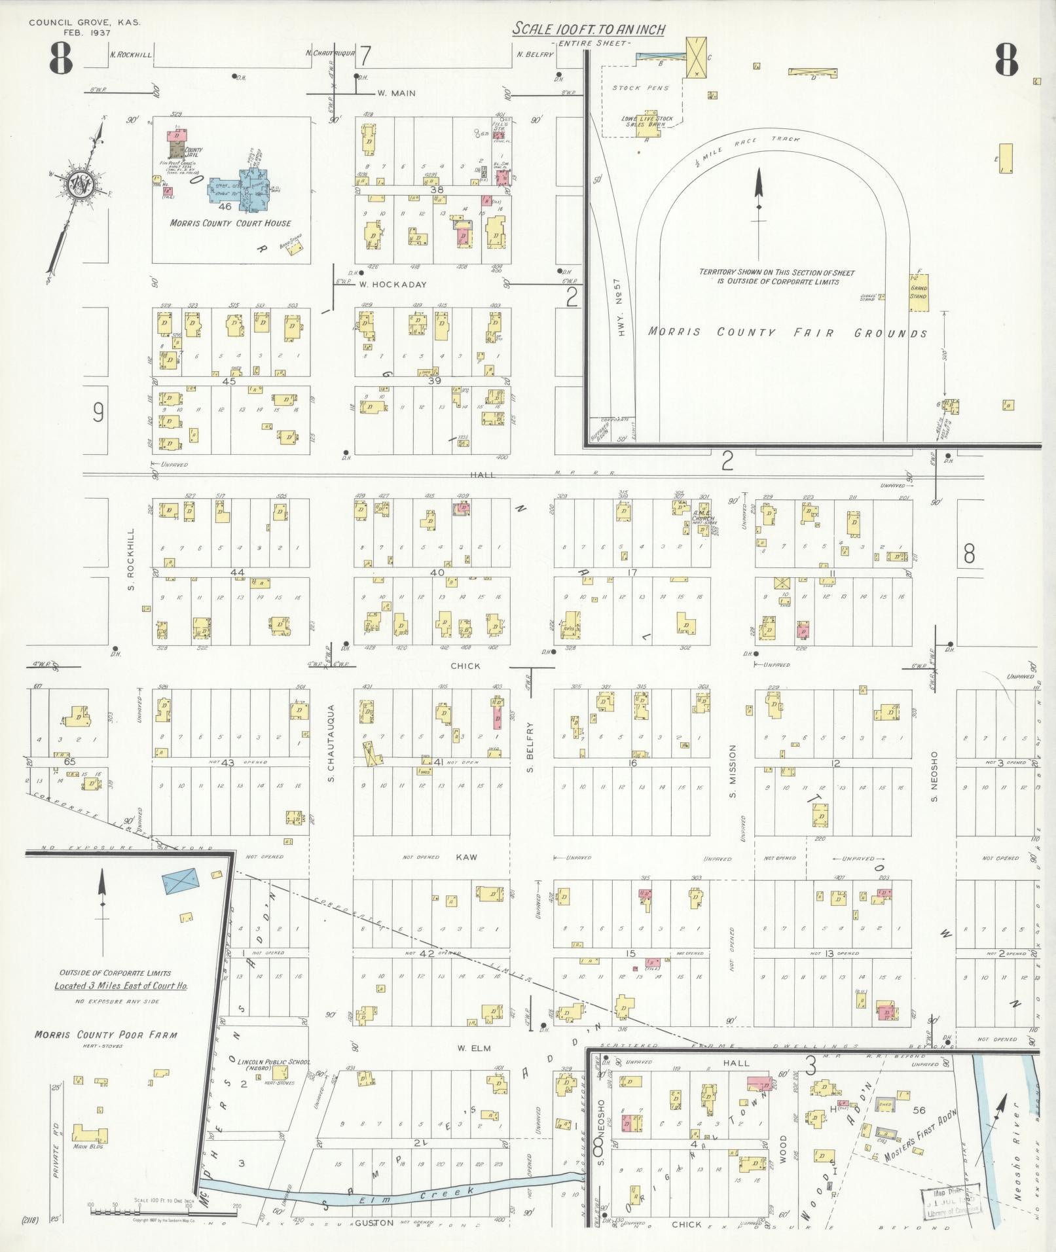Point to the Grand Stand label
coord(919,292)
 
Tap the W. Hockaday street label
coord(392,285)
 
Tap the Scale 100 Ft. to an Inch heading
coord(589,29)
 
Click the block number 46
coord(226,206)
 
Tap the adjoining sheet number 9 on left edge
coord(98,412)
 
